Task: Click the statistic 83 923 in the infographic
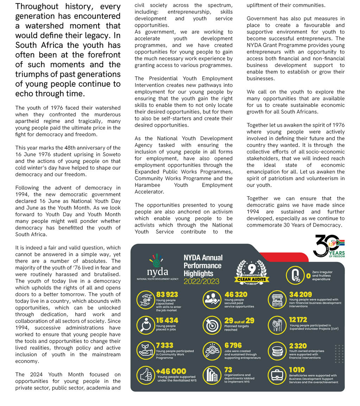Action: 167,294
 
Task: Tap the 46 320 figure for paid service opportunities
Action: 236,294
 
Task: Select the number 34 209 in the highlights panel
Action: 301,294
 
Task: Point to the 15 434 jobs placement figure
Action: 167,320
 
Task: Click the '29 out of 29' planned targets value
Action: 239,320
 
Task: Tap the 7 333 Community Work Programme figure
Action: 165,345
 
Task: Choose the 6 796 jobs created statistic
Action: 233,345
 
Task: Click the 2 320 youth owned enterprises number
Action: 298,345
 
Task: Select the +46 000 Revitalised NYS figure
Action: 171,371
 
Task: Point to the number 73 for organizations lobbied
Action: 228,370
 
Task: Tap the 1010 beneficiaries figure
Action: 297,370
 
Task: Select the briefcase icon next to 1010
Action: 277,375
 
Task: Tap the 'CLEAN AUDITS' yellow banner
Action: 252,279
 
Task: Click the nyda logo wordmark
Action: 158,272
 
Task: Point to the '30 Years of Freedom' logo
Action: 329,246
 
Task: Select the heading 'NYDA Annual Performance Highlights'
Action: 203,266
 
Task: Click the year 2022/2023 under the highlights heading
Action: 201,281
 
